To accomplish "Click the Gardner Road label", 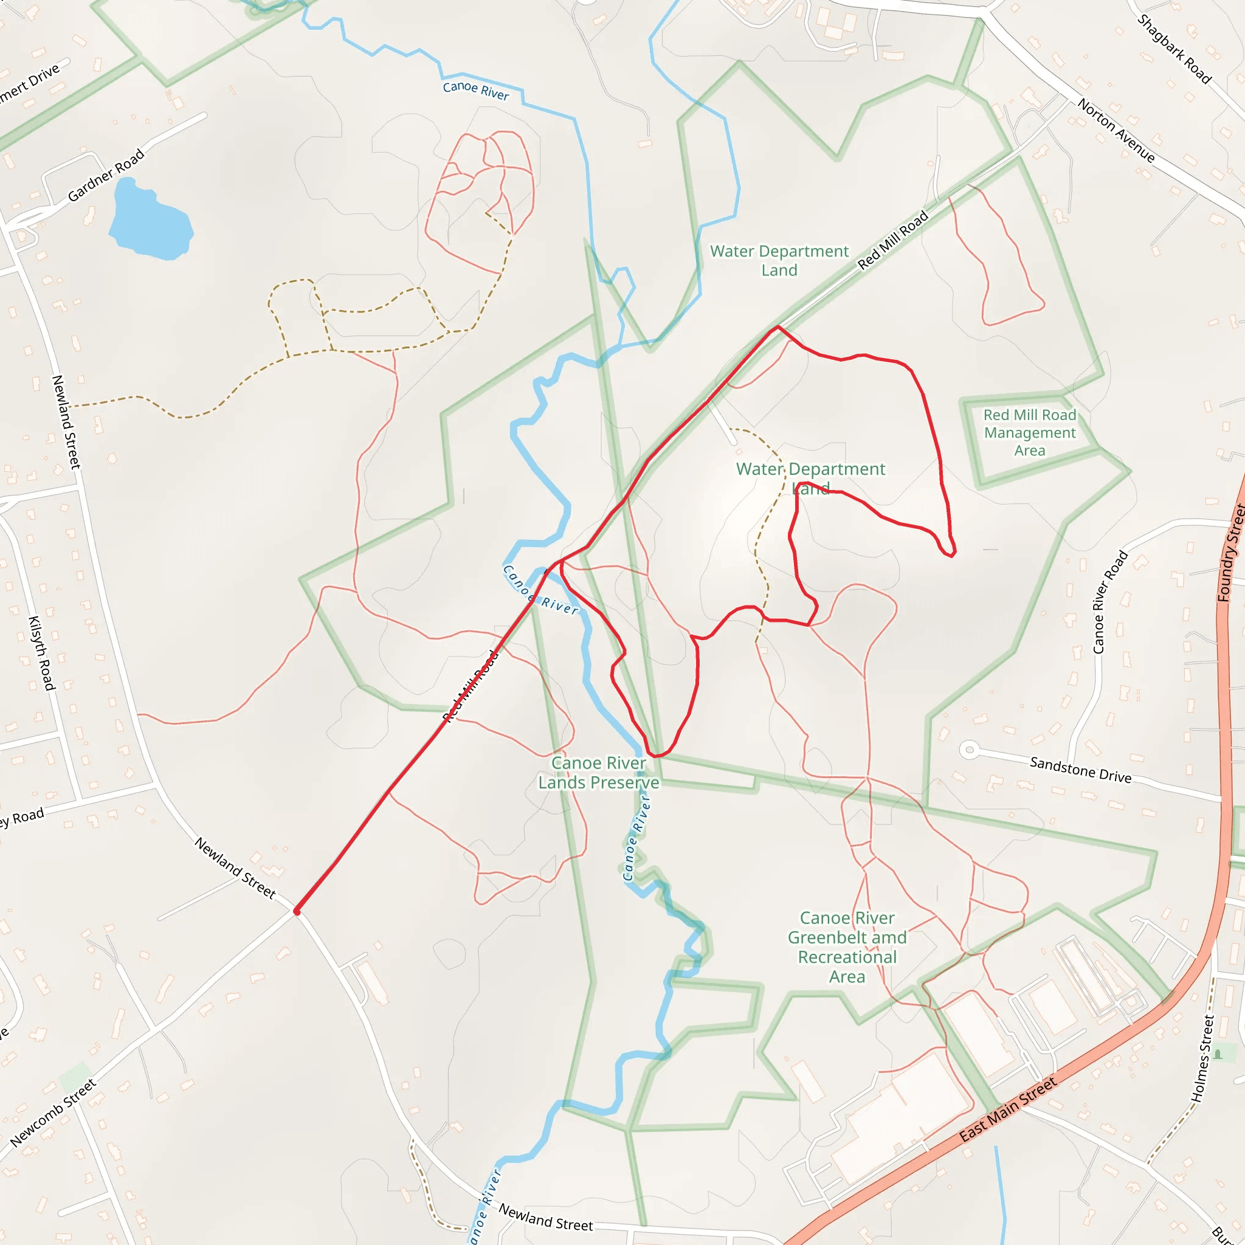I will pos(106,175).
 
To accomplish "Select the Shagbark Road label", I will pos(1174,49).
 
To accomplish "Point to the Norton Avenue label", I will pos(1116,130).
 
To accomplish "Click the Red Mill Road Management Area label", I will pos(1029,432).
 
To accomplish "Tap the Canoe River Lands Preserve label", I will pos(599,773).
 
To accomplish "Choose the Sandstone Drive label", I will pos(1080,770).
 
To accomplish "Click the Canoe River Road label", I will pos(1110,601).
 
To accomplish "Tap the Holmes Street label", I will pos(1202,1059).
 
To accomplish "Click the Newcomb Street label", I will pos(53,1113).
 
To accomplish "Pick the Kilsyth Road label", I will pos(41,653).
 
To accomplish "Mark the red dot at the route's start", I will pos(297,911).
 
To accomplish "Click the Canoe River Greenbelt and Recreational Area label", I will pos(847,947).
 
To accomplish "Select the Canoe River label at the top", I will pos(475,90).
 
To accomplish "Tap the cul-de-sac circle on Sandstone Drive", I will pos(968,750).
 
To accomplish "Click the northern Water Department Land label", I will pos(779,260).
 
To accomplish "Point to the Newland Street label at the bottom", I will pos(545,1217).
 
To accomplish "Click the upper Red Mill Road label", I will pos(892,240).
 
